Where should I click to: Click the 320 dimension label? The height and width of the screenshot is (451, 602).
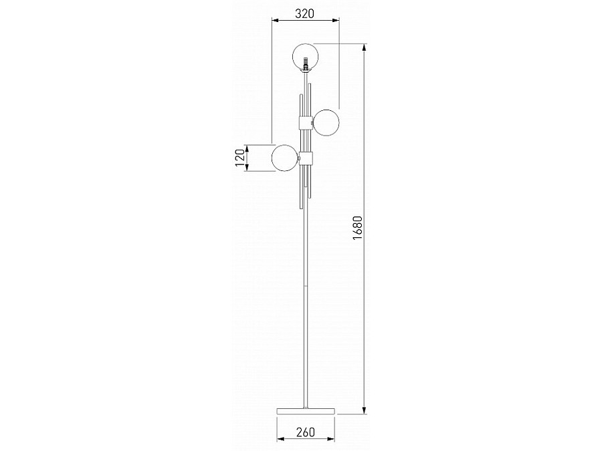304,14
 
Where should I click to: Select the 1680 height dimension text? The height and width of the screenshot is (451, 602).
357,228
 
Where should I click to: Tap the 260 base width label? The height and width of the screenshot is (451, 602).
305,432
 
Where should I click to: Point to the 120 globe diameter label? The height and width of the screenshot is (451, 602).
239,158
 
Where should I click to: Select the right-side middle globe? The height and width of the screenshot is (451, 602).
326,122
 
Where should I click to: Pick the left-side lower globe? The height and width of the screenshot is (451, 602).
285,158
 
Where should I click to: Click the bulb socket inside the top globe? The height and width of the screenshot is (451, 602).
306,63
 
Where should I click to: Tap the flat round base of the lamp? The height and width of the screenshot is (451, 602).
306,411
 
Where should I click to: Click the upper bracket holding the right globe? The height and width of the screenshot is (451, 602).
306,122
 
